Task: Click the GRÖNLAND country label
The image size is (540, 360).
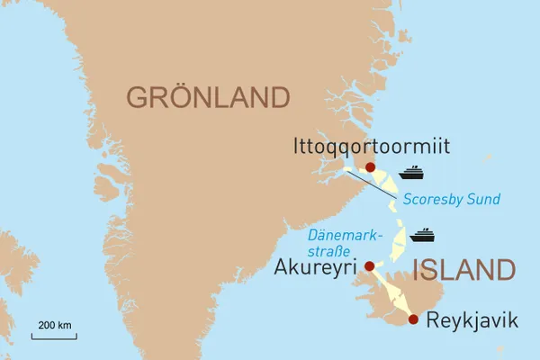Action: (x=209, y=97)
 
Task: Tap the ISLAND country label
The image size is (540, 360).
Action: (x=463, y=269)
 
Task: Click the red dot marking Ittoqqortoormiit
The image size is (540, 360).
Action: (x=371, y=167)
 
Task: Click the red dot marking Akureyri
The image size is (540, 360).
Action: (x=369, y=265)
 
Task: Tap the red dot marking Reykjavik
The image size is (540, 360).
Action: (x=413, y=319)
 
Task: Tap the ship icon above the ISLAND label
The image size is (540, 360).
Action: (x=422, y=236)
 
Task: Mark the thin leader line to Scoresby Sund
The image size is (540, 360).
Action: (x=369, y=183)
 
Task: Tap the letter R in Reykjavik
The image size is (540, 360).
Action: (x=433, y=319)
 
